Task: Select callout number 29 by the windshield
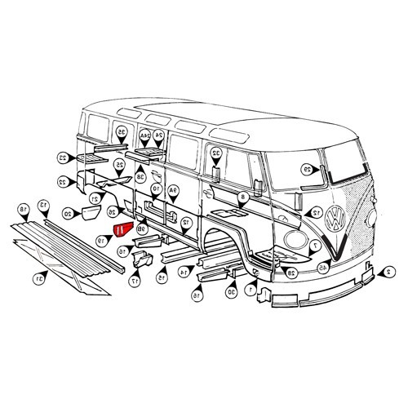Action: tap(308, 170)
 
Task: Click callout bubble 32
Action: tap(216, 153)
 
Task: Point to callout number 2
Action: tap(389, 271)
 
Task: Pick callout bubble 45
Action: tap(323, 267)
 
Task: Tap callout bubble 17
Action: tap(135, 281)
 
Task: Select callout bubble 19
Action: tap(101, 241)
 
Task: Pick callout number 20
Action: tap(68, 213)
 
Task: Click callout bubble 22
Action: tap(63, 181)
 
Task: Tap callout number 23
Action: tap(63, 157)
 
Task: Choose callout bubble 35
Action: tap(122, 131)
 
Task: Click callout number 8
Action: tap(242, 198)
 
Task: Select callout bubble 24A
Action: tap(144, 135)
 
